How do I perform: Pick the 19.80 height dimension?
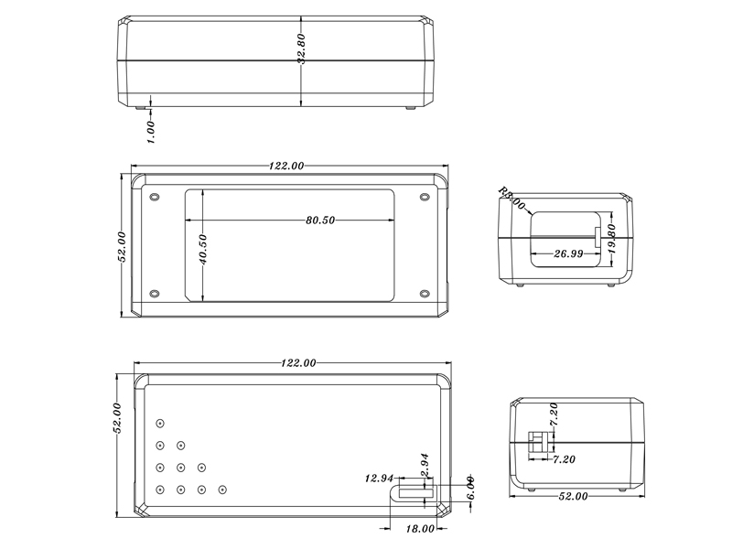[x=610, y=242]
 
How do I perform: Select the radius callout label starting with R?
[x=511, y=197]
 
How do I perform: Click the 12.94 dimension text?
[x=379, y=478]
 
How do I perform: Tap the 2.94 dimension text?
[x=424, y=466]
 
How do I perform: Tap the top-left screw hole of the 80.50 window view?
[x=154, y=197]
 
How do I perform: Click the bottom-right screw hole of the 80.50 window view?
[x=424, y=293]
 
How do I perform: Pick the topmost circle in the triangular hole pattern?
[x=160, y=424]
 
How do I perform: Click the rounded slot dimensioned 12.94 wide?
[x=413, y=492]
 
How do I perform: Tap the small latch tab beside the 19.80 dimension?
[x=597, y=236]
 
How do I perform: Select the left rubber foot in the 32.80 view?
[x=141, y=108]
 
